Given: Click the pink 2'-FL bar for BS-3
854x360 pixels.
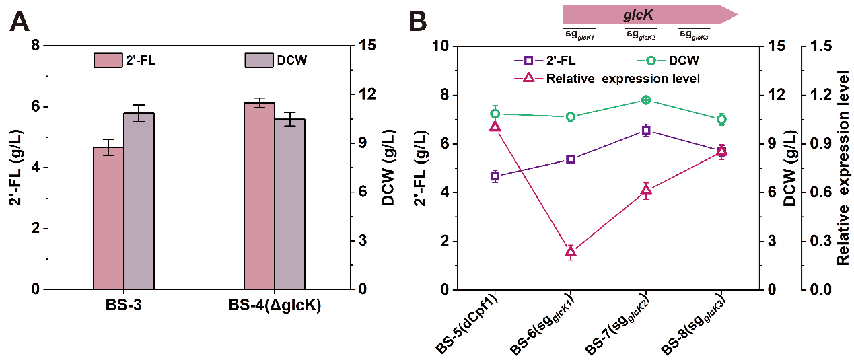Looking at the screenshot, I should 108,218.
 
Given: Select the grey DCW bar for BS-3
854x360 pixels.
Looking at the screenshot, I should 139,201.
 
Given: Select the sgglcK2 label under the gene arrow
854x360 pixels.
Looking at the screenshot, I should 641,34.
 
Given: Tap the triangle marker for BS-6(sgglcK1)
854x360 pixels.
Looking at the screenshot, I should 571,252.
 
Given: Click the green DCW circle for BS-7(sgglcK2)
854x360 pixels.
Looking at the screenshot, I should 646,100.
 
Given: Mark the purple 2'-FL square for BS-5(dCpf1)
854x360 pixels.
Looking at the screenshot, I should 495,176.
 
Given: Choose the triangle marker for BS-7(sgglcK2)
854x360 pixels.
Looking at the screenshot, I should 646,190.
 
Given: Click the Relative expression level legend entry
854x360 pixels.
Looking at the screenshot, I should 622,79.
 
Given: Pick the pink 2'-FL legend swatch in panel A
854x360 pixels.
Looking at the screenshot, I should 108,61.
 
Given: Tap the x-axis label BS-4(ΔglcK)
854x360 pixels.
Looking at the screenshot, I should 274,306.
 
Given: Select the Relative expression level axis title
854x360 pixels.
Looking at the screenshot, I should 843,168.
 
